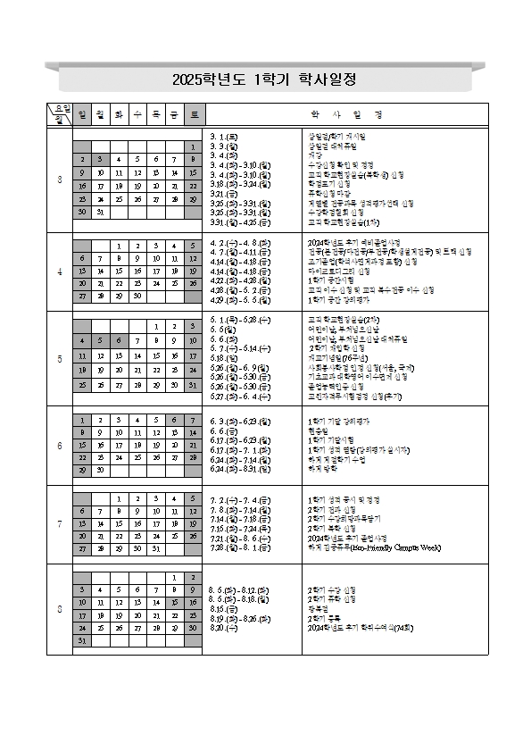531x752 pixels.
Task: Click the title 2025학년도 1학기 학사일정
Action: coord(265,79)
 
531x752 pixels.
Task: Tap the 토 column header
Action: coord(195,114)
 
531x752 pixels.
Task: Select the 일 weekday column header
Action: coord(82,114)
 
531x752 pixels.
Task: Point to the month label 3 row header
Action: coord(59,180)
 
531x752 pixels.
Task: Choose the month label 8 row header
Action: coord(59,609)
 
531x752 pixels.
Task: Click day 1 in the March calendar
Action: coord(193,146)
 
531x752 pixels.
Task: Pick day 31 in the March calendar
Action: coord(100,213)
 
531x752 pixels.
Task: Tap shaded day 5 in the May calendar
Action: coord(100,339)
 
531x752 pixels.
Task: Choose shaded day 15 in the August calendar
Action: coord(175,603)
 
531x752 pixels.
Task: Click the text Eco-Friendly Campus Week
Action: coord(392,547)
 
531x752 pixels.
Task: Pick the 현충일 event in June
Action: coord(317,430)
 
